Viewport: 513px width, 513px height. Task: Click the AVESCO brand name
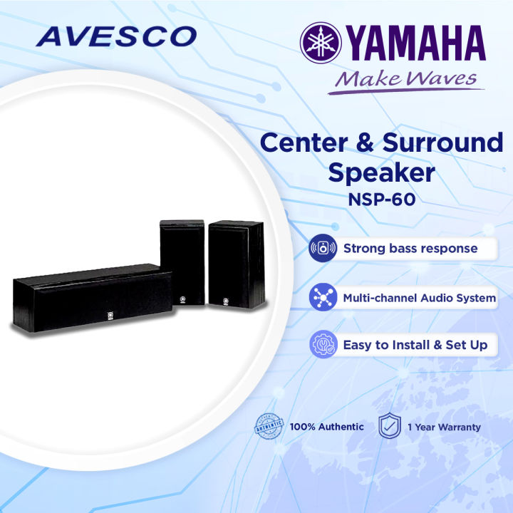pos(116,36)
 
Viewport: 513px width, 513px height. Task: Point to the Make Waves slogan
pos(406,78)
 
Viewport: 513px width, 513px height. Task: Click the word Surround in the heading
pos(443,142)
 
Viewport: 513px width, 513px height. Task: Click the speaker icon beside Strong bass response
pos(323,249)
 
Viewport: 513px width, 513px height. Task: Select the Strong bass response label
pos(410,249)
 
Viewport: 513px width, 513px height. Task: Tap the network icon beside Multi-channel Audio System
pos(323,298)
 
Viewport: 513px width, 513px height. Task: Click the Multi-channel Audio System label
pos(420,298)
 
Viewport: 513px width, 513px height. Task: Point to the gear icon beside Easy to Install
pos(323,346)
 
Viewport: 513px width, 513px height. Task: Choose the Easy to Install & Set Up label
pos(415,345)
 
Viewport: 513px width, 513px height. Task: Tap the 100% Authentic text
pos(326,427)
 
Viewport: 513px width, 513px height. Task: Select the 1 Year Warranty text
pos(444,427)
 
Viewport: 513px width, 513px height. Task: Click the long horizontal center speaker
pos(93,296)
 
